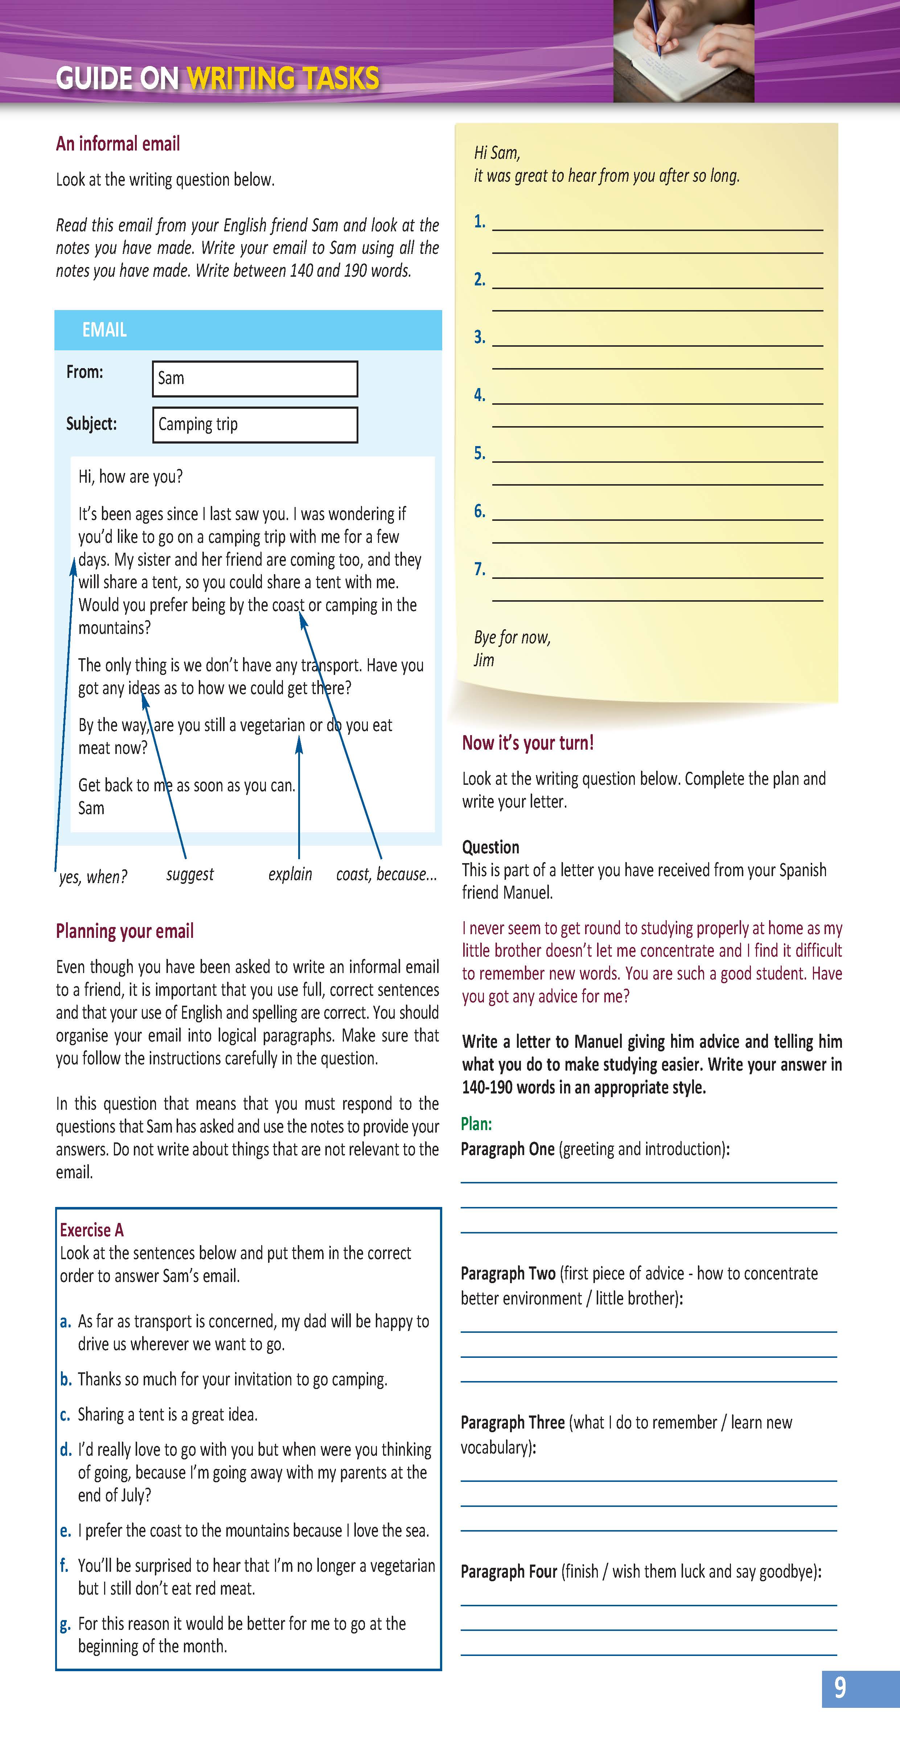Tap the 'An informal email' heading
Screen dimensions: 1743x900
[118, 144]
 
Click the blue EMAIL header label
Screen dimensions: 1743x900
[104, 330]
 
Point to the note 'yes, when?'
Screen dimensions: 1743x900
[93, 877]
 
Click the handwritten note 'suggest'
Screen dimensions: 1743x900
[189, 874]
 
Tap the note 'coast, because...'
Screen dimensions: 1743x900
[386, 874]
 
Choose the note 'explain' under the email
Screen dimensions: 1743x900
[289, 874]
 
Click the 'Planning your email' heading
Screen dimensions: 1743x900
[124, 932]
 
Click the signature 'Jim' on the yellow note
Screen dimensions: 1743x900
[484, 660]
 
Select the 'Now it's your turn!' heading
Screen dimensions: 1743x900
[528, 743]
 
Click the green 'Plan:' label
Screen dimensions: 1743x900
[476, 1124]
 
